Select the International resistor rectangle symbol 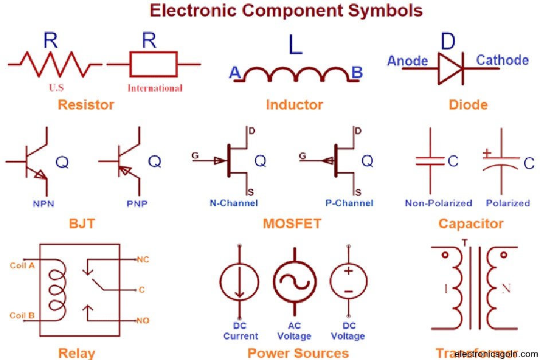point(154,64)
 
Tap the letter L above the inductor point(295,45)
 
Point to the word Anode point(408,61)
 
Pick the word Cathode point(502,60)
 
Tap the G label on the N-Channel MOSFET point(194,155)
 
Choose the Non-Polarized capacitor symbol point(431,161)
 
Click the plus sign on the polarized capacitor point(487,153)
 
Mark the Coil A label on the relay point(22,265)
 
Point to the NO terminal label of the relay point(142,320)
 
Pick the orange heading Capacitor point(471,224)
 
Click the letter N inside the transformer point(506,289)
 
